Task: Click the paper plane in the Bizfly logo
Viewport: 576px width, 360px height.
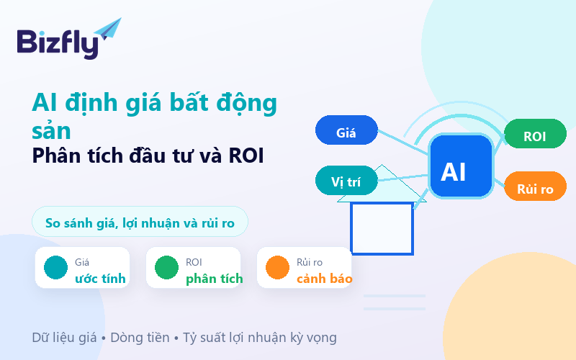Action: [109, 29]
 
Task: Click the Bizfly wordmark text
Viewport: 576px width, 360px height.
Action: [58, 43]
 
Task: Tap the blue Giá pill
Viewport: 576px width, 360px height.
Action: [346, 130]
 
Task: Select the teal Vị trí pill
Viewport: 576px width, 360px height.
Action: [346, 181]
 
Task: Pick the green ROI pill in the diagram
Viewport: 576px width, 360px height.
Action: [535, 134]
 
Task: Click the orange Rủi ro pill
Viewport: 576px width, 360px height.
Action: [535, 186]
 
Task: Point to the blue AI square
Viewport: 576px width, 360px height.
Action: [461, 166]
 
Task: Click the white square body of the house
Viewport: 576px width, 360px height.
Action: [382, 228]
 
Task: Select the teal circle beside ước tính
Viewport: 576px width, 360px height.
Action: [56, 267]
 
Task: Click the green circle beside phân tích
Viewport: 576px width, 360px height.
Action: [167, 267]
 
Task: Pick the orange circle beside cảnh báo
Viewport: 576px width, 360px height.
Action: [278, 267]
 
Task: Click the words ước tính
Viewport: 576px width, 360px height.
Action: [100, 279]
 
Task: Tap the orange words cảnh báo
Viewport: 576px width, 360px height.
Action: [325, 279]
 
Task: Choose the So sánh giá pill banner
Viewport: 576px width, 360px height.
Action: [140, 222]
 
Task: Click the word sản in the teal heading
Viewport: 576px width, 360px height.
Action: [51, 131]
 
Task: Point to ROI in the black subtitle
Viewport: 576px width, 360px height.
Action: [246, 156]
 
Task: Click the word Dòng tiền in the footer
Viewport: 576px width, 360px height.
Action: [140, 338]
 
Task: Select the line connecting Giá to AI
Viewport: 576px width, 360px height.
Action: [403, 142]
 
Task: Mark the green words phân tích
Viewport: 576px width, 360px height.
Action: [214, 279]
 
